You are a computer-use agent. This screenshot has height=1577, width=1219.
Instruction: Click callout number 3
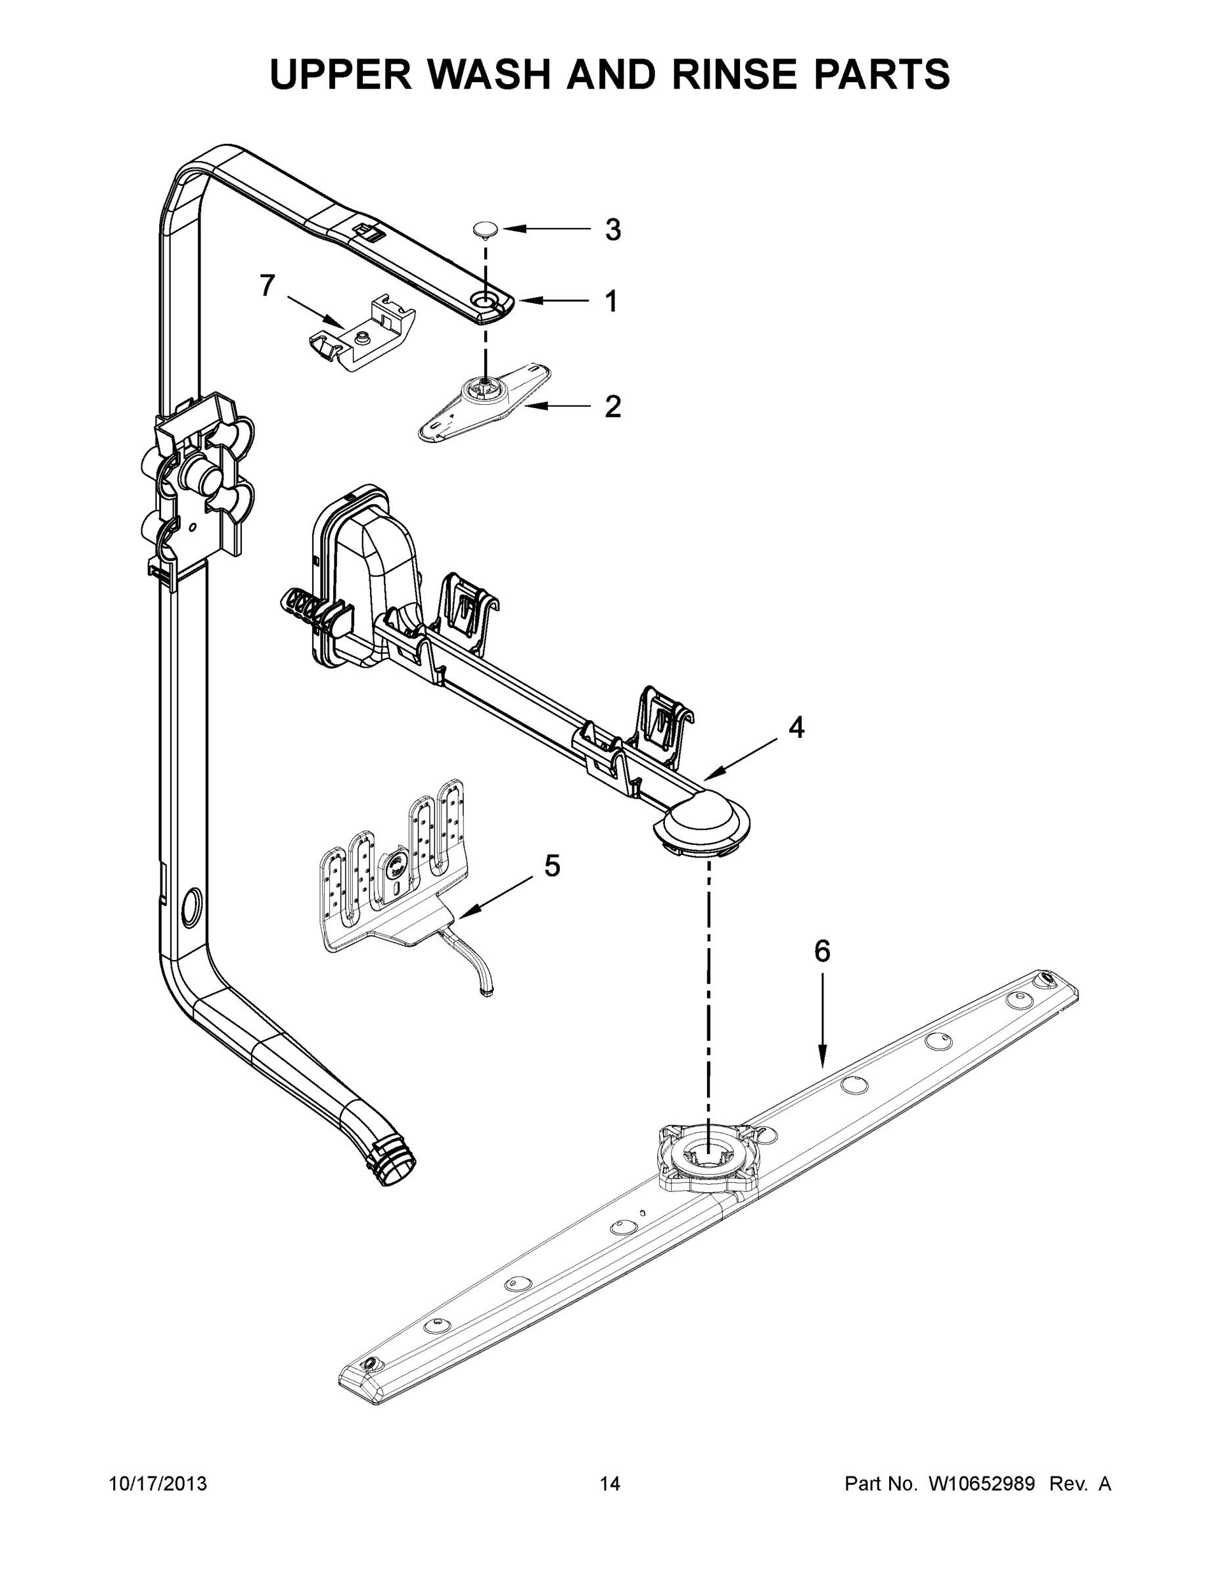coord(612,231)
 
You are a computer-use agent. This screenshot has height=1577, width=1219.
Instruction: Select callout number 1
coord(611,301)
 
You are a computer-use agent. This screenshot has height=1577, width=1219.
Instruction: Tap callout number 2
coord(612,407)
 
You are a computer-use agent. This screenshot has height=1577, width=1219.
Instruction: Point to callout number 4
coord(796,727)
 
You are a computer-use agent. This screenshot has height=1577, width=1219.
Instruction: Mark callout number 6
coord(822,951)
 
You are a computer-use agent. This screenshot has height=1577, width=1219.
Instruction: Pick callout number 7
coord(267,286)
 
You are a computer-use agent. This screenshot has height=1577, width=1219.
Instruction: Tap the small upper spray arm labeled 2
coord(484,401)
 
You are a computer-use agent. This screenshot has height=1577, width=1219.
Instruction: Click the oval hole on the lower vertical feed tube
coord(192,908)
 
